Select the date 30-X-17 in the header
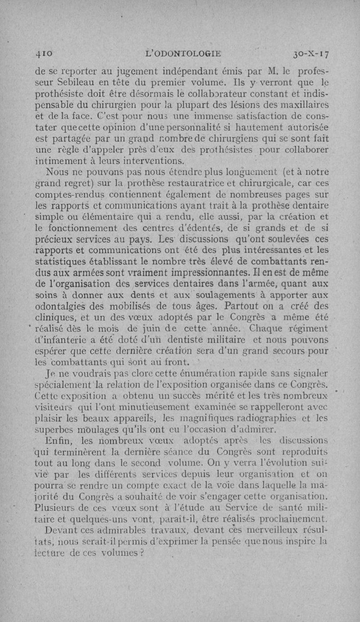tap(311, 54)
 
